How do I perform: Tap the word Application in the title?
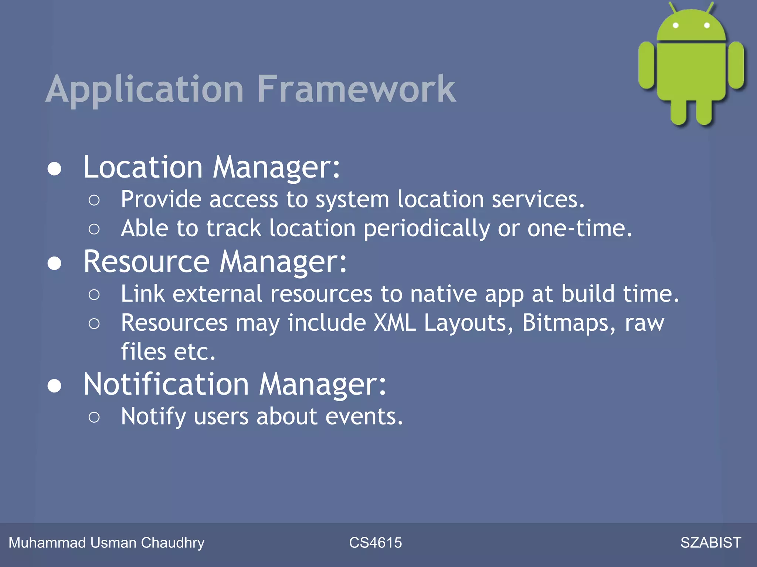click(144, 90)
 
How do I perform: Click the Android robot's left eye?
click(675, 25)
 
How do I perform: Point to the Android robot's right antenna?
click(710, 7)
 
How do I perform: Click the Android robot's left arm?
click(646, 65)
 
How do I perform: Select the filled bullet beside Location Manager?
click(54, 169)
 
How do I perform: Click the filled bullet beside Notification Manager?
click(54, 386)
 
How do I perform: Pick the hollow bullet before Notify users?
click(94, 417)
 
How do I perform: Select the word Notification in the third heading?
click(166, 384)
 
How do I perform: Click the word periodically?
click(427, 229)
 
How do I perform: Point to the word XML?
click(395, 323)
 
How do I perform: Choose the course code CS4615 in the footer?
click(375, 543)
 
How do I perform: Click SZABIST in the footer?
click(710, 543)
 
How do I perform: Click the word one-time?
click(579, 229)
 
